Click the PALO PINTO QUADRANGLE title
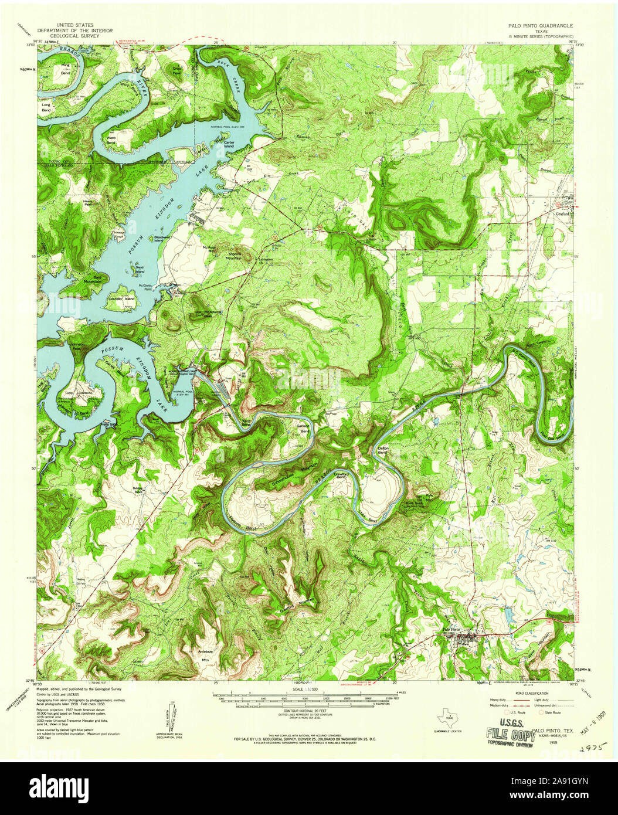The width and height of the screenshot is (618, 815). click(541, 26)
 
